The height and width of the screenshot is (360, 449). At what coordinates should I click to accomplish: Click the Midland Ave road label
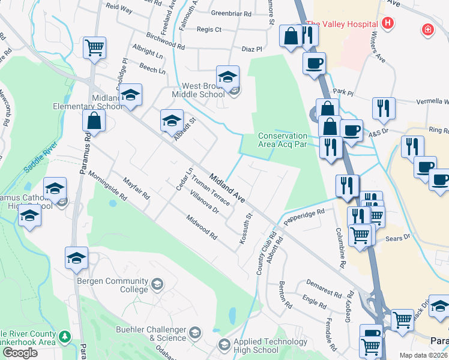(228, 187)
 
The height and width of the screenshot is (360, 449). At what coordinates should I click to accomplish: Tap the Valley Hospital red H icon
(388, 24)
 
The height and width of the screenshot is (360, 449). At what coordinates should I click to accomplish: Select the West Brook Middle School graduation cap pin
(228, 77)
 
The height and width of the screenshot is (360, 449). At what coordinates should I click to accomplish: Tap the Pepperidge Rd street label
(304, 217)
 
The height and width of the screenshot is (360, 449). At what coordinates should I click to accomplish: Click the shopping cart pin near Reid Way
(95, 48)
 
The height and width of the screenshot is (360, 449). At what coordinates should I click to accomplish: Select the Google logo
(20, 352)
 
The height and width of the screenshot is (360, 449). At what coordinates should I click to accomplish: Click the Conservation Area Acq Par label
(283, 140)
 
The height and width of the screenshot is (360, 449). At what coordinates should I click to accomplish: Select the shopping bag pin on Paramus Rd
(95, 122)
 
